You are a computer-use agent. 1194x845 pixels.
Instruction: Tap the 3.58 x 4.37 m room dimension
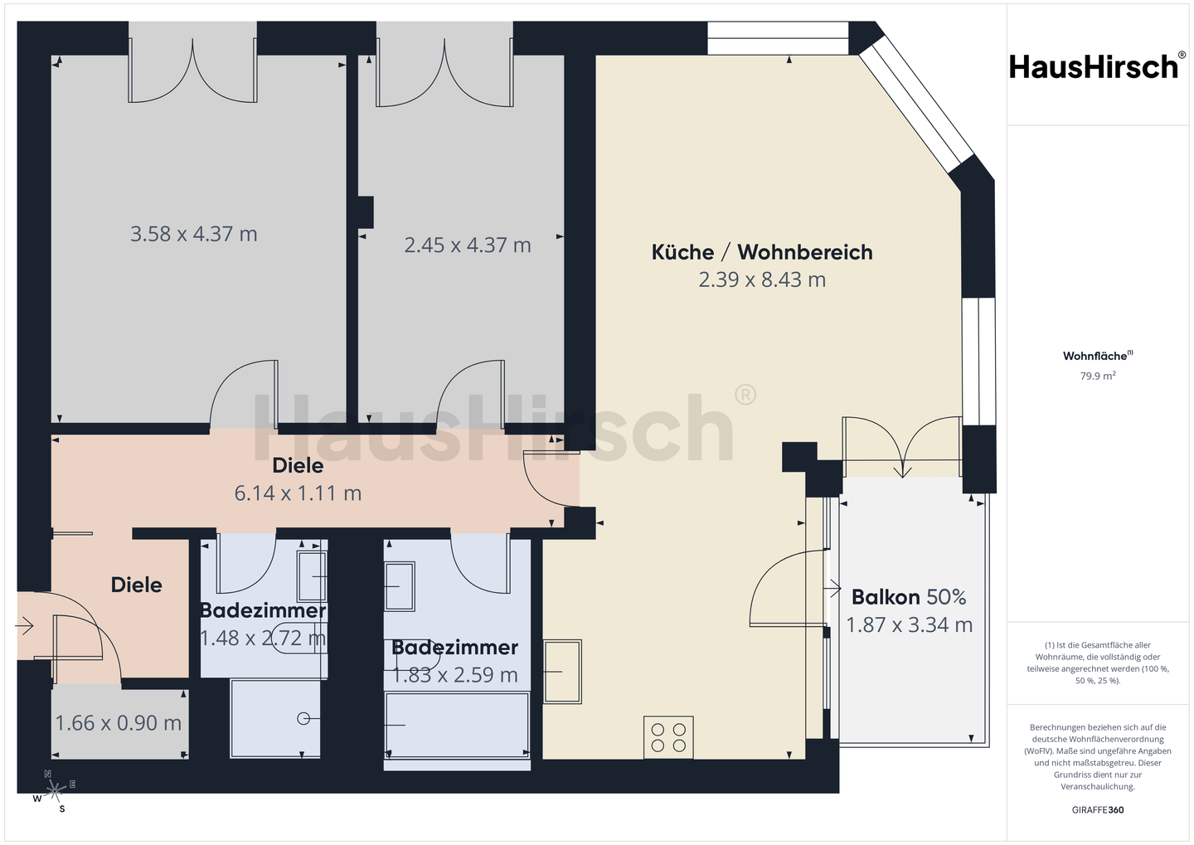click(194, 234)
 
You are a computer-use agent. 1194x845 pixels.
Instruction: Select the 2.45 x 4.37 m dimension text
click(468, 245)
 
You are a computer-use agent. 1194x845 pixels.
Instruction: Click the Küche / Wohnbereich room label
click(762, 252)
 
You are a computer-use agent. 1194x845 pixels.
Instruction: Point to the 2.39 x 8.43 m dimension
click(762, 280)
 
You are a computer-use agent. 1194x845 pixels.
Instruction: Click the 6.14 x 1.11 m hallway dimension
click(298, 493)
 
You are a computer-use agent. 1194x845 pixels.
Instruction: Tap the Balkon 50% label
click(909, 597)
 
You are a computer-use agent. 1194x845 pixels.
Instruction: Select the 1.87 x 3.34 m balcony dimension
click(910, 624)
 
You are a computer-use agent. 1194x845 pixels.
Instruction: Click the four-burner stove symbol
click(668, 737)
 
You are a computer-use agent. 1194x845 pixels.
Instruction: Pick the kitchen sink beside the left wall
click(562, 672)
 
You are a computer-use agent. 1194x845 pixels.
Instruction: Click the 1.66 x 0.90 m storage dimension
click(119, 723)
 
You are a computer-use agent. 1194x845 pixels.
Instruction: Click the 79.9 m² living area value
click(1098, 376)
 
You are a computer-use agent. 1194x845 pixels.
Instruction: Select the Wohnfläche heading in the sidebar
click(1098, 356)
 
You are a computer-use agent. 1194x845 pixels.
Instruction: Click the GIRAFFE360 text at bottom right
click(1098, 810)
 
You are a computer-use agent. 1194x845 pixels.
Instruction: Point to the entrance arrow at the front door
click(25, 626)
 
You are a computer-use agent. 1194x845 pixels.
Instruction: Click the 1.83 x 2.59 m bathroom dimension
click(455, 676)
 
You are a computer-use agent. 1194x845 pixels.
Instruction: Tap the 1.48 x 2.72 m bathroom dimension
click(263, 639)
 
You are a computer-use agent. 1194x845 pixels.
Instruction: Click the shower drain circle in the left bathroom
click(303, 719)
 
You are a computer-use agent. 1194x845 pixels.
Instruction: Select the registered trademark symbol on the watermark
click(745, 395)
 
